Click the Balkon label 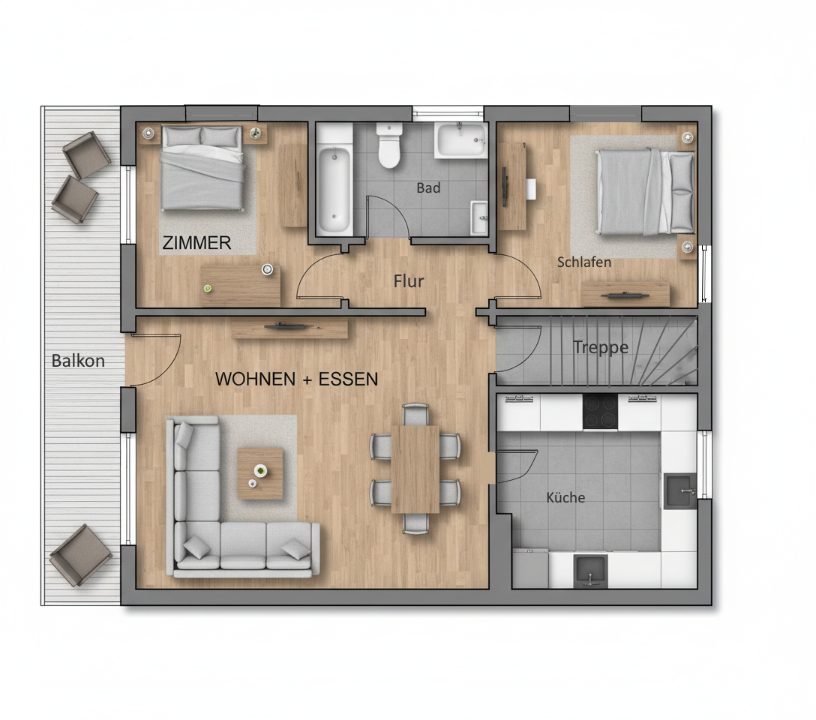coord(78,361)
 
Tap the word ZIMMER coord(197,243)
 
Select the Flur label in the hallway coord(409,281)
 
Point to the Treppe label coord(600,347)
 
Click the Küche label coord(565,497)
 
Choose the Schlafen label coord(583,262)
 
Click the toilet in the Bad coord(389,145)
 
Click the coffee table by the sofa coord(260,473)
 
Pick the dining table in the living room coord(415,469)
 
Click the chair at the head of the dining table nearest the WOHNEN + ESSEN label coord(415,414)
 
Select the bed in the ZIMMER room coord(202,168)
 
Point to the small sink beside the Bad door coord(478,217)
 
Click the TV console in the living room coord(289,328)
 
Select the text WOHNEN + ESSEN coord(296,379)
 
